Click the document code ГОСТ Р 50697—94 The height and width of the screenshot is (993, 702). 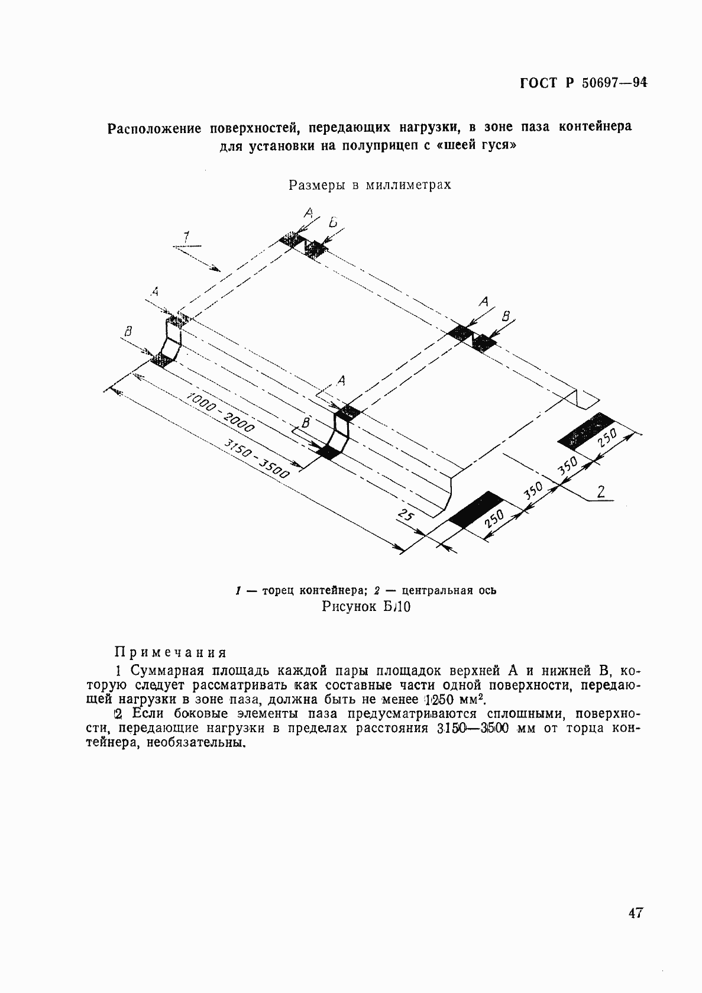point(583,83)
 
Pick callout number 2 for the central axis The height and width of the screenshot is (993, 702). point(601,491)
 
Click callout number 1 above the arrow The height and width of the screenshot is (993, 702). point(186,237)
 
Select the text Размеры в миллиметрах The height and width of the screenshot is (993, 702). point(370,185)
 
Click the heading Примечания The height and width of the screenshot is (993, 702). point(170,652)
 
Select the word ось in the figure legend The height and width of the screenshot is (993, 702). point(488,590)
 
